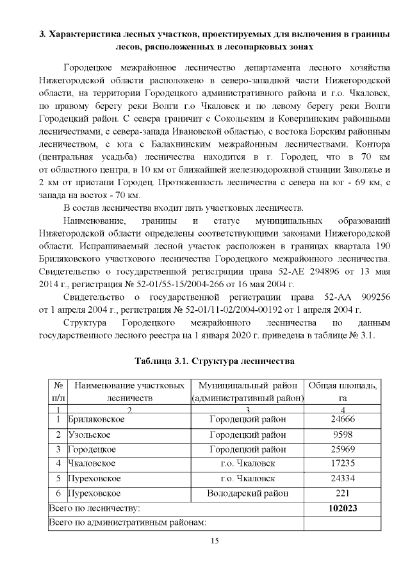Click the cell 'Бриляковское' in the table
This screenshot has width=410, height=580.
[96, 419]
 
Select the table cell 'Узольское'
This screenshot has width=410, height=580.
[89, 434]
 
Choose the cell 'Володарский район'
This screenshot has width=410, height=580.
[247, 493]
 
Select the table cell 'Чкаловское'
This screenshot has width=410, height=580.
[92, 463]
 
